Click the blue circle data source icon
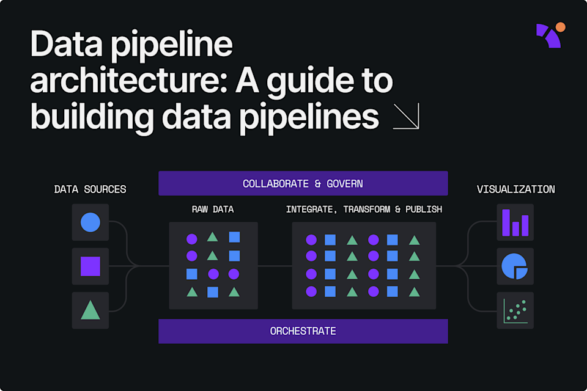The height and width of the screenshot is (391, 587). (90, 222)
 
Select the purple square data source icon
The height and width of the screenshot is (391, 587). (90, 266)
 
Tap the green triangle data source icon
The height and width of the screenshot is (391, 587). (90, 310)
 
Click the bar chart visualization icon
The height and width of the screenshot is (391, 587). (515, 222)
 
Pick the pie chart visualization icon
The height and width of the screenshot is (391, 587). (514, 266)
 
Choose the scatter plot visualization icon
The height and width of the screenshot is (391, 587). (515, 310)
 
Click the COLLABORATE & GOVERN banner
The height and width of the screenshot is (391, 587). (303, 183)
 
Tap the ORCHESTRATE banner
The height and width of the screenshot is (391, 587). (303, 331)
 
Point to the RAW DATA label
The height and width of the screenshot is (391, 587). (213, 210)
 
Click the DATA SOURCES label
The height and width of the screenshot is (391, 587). (90, 189)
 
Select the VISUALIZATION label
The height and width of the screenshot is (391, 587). (515, 189)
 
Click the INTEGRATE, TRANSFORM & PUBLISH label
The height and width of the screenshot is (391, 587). (364, 210)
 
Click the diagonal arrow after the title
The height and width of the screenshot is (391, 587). (406, 116)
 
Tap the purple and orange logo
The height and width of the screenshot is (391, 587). (550, 35)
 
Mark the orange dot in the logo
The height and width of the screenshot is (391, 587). (560, 27)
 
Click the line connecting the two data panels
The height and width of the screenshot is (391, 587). (275, 266)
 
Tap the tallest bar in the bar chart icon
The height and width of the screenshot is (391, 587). (506, 223)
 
